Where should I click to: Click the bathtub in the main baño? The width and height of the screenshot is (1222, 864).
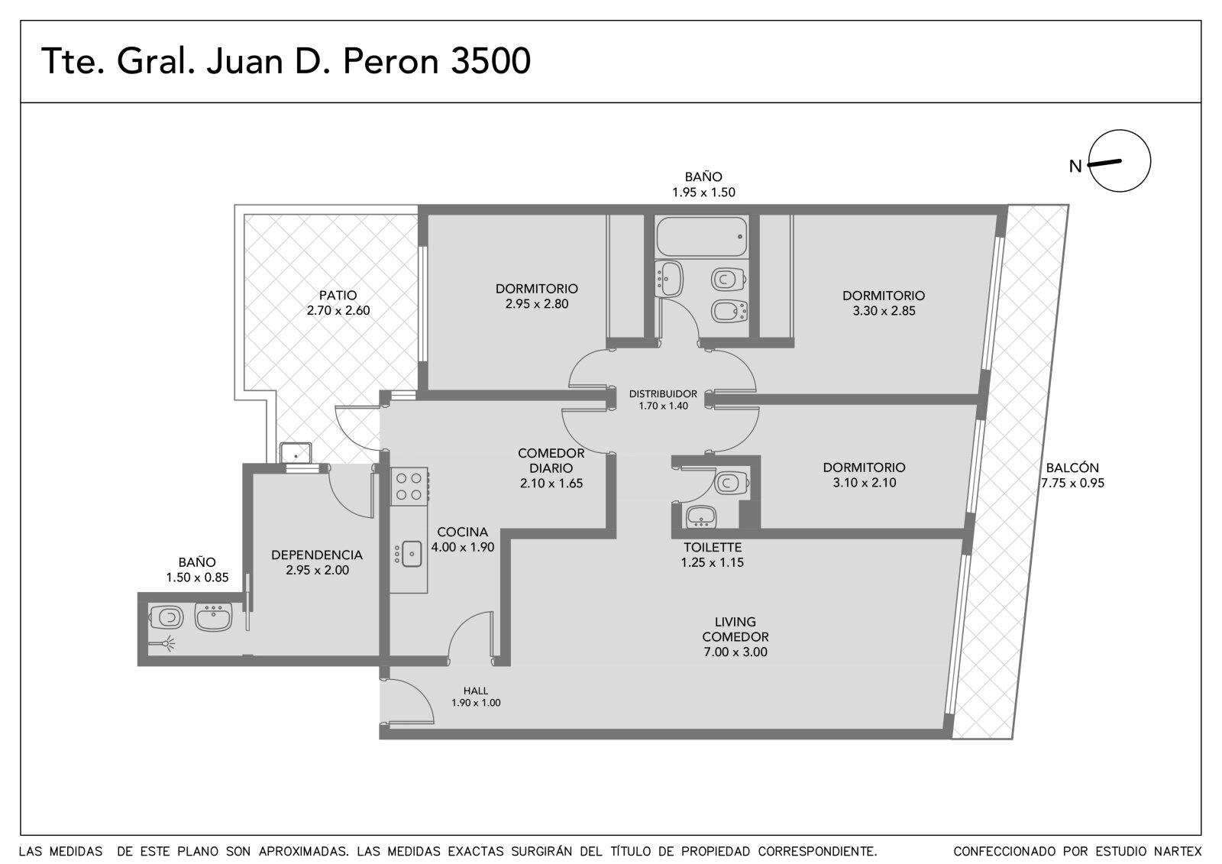(702, 236)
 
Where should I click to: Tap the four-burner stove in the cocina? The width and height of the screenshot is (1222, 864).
(409, 487)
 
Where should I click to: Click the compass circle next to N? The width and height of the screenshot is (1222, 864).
(1120, 160)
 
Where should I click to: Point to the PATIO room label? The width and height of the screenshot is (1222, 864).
(338, 296)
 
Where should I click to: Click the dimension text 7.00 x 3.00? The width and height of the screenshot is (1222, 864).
(735, 652)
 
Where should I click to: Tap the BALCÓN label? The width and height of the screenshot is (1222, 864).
(1072, 468)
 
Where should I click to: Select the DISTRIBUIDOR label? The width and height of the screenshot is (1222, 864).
(663, 393)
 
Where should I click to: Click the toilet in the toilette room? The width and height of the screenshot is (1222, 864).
(731, 483)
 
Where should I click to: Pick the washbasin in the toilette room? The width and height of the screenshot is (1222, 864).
(701, 516)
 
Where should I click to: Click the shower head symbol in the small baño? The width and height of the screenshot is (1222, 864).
(163, 645)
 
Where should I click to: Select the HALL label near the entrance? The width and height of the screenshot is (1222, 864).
(476, 691)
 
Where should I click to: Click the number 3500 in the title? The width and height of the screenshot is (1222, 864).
(491, 61)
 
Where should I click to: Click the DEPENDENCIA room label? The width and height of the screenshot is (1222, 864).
(317, 555)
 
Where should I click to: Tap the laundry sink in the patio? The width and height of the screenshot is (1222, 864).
(295, 453)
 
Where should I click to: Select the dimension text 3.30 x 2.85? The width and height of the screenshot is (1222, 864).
(884, 311)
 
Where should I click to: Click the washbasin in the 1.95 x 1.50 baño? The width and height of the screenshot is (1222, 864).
(669, 279)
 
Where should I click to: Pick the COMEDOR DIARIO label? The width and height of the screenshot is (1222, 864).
(551, 461)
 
